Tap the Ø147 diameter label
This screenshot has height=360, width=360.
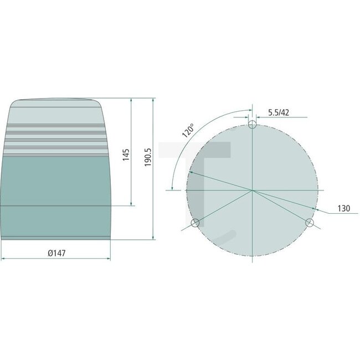pos(57,252)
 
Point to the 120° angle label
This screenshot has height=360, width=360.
pos(187,131)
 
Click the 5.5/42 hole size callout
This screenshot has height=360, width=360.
pos(279,112)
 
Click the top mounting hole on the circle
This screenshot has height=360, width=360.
pos(252,124)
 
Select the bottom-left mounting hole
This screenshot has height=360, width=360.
pos(195,223)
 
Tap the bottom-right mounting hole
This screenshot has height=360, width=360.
pos(310,223)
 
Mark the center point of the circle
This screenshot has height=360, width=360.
pos(252,190)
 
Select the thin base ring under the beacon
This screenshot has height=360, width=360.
pos(57,238)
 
